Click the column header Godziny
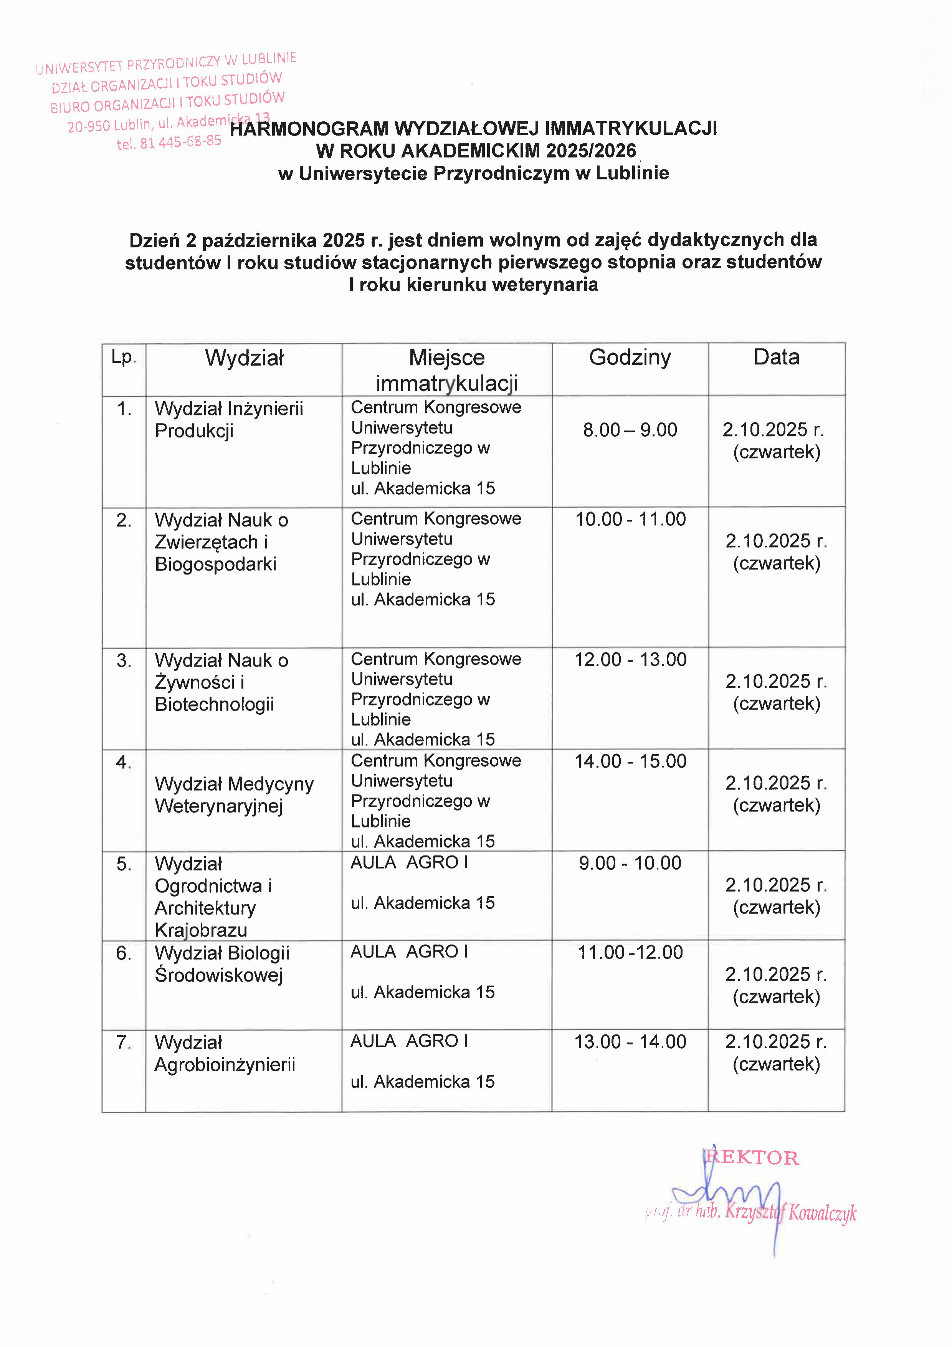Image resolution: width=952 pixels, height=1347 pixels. [630, 357]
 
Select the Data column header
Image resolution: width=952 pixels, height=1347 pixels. [776, 357]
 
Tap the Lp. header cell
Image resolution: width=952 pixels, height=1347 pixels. [124, 357]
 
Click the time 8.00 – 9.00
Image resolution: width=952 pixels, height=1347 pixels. [630, 430]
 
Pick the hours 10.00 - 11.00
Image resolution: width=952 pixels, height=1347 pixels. [630, 519]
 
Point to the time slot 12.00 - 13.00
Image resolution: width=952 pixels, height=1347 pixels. [630, 659]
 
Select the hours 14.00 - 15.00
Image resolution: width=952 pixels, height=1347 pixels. [630, 761]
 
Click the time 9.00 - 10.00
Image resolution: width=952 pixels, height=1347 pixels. [630, 863]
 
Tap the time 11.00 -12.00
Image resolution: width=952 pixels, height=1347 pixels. [630, 952]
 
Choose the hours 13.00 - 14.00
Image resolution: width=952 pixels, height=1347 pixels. [630, 1042]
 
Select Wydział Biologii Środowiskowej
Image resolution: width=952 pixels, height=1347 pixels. [222, 964]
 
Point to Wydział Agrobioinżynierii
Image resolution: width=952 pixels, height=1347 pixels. [225, 1054]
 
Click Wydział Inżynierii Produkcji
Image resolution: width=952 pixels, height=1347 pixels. [229, 419]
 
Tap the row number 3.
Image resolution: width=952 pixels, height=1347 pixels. [124, 660]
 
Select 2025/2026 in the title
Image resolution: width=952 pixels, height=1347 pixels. [591, 151]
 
